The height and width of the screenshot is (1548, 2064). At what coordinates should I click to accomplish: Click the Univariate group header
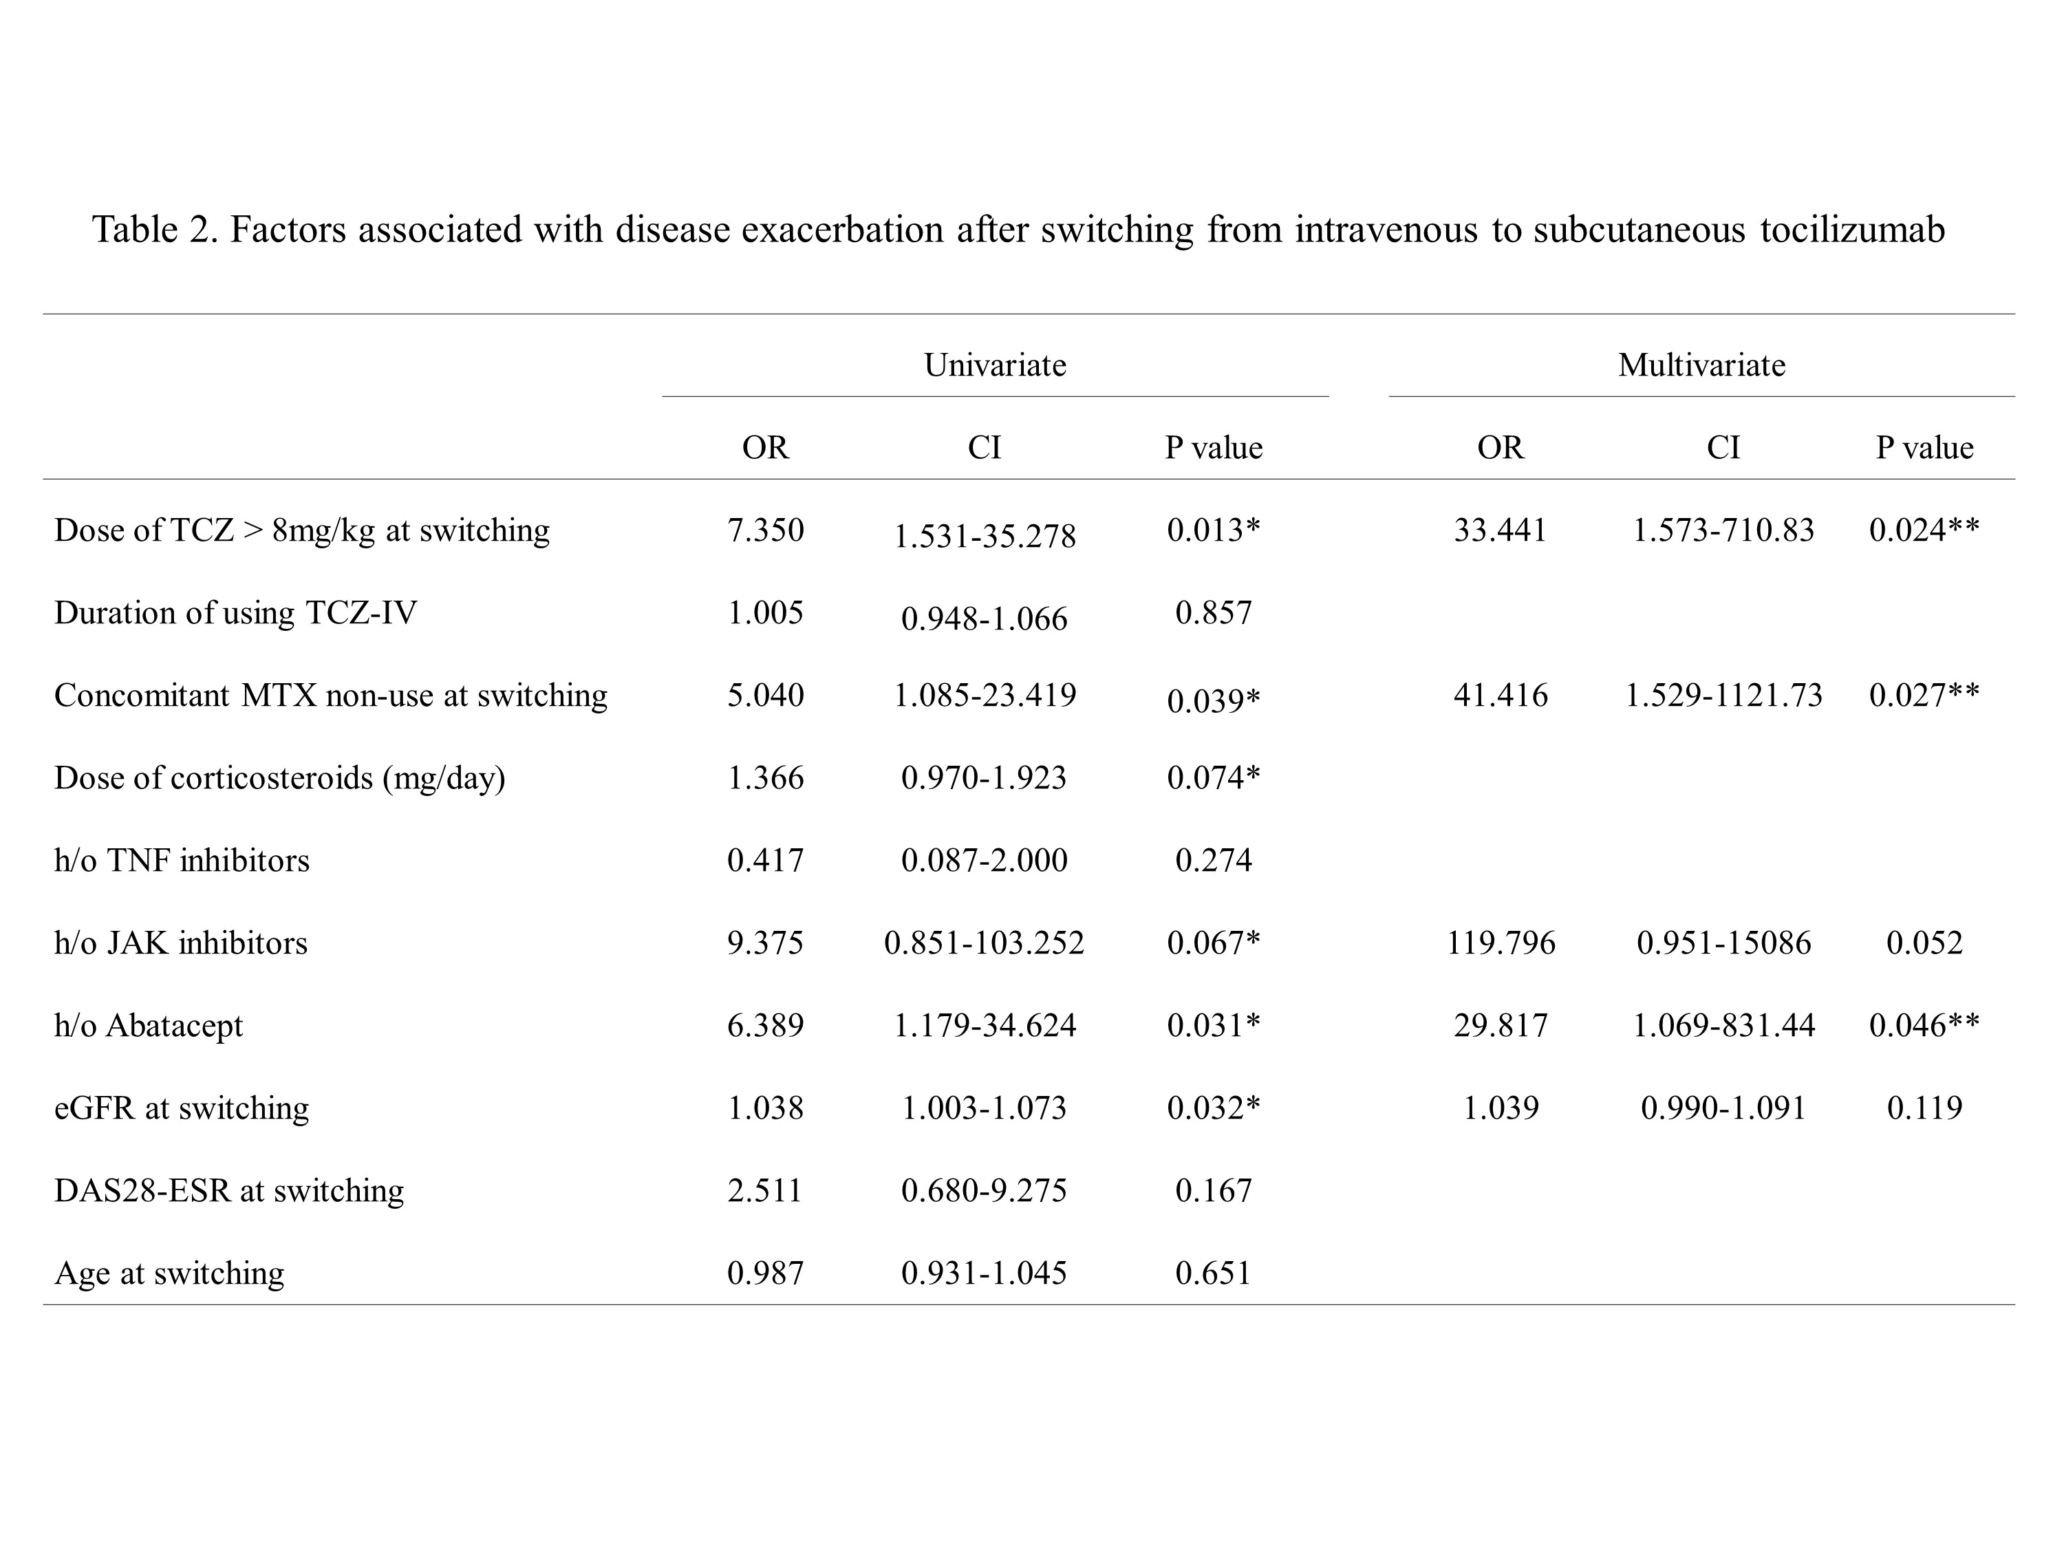pos(995,365)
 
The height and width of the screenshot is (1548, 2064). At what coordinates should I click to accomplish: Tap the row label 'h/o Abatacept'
pos(149,1026)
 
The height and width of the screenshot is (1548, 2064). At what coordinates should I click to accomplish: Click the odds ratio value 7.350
pos(765,530)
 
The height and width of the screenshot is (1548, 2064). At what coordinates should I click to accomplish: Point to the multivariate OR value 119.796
pos(1501,943)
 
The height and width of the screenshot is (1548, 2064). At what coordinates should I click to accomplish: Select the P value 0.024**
pos(1924,530)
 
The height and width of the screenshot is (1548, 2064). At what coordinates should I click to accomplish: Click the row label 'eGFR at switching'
pos(181,1108)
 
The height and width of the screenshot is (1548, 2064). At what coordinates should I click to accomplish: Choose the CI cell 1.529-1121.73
pos(1723,695)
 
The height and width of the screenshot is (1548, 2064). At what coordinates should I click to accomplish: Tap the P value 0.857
pos(1213,613)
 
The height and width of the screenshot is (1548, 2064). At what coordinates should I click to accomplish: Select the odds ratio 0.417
pos(765,860)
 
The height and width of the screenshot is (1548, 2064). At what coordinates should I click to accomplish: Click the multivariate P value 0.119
pos(1924,1108)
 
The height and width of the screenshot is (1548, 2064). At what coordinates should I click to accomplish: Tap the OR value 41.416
pos(1501,695)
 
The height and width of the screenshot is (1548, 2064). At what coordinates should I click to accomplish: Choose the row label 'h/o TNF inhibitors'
pos(181,860)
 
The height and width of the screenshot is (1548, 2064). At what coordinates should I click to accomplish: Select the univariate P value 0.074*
pos(1213,778)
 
